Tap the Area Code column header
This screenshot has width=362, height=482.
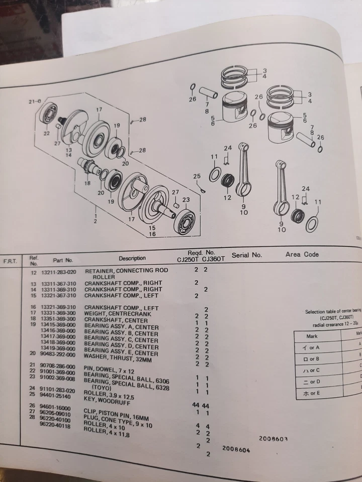click(x=302, y=255)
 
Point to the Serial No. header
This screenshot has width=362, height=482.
click(x=247, y=255)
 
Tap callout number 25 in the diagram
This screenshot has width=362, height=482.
click(x=197, y=176)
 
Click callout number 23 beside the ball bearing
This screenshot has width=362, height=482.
click(x=186, y=199)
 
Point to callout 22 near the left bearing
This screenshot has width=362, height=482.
click(x=46, y=134)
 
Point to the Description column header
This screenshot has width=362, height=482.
click(x=132, y=258)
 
